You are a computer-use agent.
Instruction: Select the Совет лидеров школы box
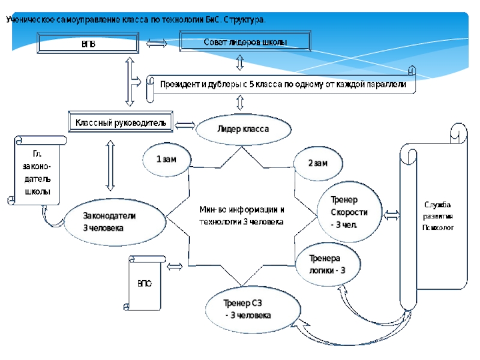pyautogui.click(x=245, y=42)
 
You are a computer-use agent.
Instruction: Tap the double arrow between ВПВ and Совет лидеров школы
pyautogui.click(x=157, y=43)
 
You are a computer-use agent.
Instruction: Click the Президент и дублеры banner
pyautogui.click(x=282, y=85)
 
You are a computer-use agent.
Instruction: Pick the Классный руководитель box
pyautogui.click(x=120, y=123)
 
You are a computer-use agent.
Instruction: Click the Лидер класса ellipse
pyautogui.click(x=243, y=129)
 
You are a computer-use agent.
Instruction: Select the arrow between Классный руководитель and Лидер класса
pyautogui.click(x=185, y=125)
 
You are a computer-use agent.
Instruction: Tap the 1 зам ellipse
pyautogui.click(x=166, y=160)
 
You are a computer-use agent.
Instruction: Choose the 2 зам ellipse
pyautogui.click(x=318, y=163)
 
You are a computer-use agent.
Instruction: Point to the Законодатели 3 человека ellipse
pyautogui.click(x=115, y=222)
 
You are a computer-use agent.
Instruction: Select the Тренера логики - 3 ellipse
pyautogui.click(x=327, y=263)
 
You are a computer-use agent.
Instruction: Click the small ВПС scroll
pyautogui.click(x=145, y=283)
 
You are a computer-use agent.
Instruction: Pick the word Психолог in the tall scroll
pyautogui.click(x=437, y=228)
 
